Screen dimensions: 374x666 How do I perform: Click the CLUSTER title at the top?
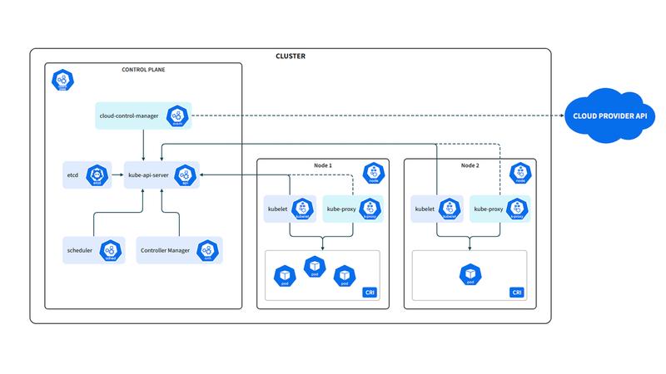(x=290, y=57)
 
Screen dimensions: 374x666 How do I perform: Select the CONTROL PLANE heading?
(x=143, y=70)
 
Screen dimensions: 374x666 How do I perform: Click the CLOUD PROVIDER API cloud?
(x=609, y=115)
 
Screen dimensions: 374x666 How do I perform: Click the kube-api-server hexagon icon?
(x=184, y=175)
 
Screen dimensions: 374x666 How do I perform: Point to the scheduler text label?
(x=80, y=249)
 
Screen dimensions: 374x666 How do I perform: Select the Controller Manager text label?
(x=165, y=249)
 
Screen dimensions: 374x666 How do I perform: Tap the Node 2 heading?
(x=471, y=165)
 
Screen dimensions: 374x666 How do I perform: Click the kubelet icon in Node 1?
(x=304, y=209)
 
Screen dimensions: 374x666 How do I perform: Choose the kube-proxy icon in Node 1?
(x=367, y=209)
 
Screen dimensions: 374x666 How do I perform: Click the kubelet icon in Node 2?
(x=451, y=209)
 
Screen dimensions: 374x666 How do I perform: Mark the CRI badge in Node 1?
(x=370, y=292)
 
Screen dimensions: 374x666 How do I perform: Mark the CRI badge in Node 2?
(x=517, y=292)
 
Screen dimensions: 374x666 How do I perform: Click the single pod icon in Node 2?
(x=470, y=274)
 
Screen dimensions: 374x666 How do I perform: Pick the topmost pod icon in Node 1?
(x=314, y=266)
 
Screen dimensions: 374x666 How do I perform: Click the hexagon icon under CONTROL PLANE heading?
(x=62, y=81)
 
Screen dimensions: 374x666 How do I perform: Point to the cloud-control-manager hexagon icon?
(x=176, y=115)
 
